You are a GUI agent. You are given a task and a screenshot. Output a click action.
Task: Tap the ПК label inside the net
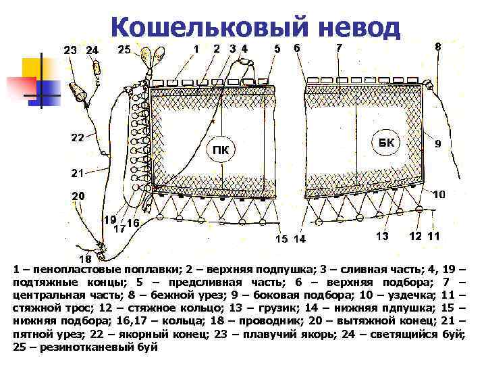[220, 149]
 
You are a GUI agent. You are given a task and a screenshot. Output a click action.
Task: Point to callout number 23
[71, 49]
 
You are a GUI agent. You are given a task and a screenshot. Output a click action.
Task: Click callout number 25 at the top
[124, 49]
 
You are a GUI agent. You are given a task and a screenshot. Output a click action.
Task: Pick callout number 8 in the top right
[438, 47]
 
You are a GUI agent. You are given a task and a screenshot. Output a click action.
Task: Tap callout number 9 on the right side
[438, 144]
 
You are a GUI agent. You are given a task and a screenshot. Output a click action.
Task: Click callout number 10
[439, 195]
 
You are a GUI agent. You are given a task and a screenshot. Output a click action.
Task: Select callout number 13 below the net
[382, 236]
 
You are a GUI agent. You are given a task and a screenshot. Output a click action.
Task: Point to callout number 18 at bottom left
[86, 259]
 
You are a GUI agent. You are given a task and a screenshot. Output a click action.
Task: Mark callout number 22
[78, 138]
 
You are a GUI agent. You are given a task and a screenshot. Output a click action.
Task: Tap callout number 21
[78, 173]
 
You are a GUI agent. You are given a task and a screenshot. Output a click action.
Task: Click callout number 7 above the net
[339, 47]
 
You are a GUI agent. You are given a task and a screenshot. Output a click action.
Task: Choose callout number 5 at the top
[277, 48]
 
